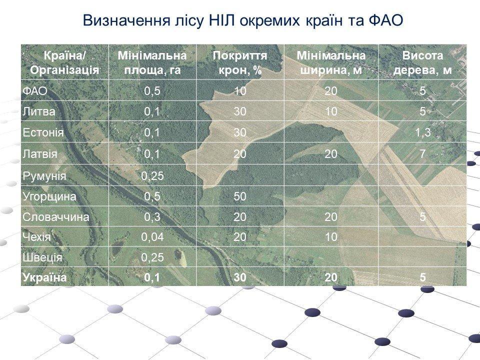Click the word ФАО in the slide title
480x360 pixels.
pyautogui.click(x=385, y=20)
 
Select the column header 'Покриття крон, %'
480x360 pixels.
pyautogui.click(x=240, y=63)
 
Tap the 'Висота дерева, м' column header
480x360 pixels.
pyautogui.click(x=422, y=63)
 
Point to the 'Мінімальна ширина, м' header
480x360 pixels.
pyautogui.click(x=331, y=63)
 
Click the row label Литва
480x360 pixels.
pyautogui.click(x=39, y=111)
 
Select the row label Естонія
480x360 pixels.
pyautogui.click(x=43, y=132)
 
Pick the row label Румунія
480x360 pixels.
pyautogui.click(x=44, y=176)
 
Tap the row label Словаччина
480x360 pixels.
pyautogui.click(x=56, y=217)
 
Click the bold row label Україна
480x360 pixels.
pyautogui.click(x=44, y=277)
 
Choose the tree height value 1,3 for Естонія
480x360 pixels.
pyautogui.click(x=423, y=132)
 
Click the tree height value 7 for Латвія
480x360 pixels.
pyautogui.click(x=423, y=153)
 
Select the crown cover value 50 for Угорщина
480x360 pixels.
pyautogui.click(x=240, y=196)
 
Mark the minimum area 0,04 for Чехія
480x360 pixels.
pyautogui.click(x=152, y=237)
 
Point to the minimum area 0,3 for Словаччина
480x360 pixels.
pyautogui.click(x=152, y=217)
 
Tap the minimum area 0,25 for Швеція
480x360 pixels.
pyautogui.click(x=152, y=257)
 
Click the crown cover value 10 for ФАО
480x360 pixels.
pyautogui.click(x=240, y=91)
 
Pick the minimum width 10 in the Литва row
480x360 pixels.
pyautogui.click(x=331, y=111)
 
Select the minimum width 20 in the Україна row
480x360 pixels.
pyautogui.click(x=331, y=277)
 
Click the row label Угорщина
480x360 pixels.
pyautogui.click(x=49, y=196)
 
